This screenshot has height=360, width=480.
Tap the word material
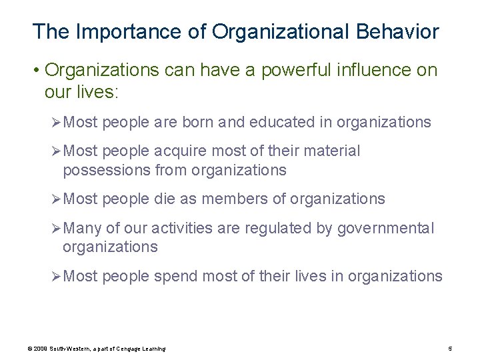click(331, 152)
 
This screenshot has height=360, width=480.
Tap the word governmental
click(385, 229)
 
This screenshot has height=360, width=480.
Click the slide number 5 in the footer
click(451, 349)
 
